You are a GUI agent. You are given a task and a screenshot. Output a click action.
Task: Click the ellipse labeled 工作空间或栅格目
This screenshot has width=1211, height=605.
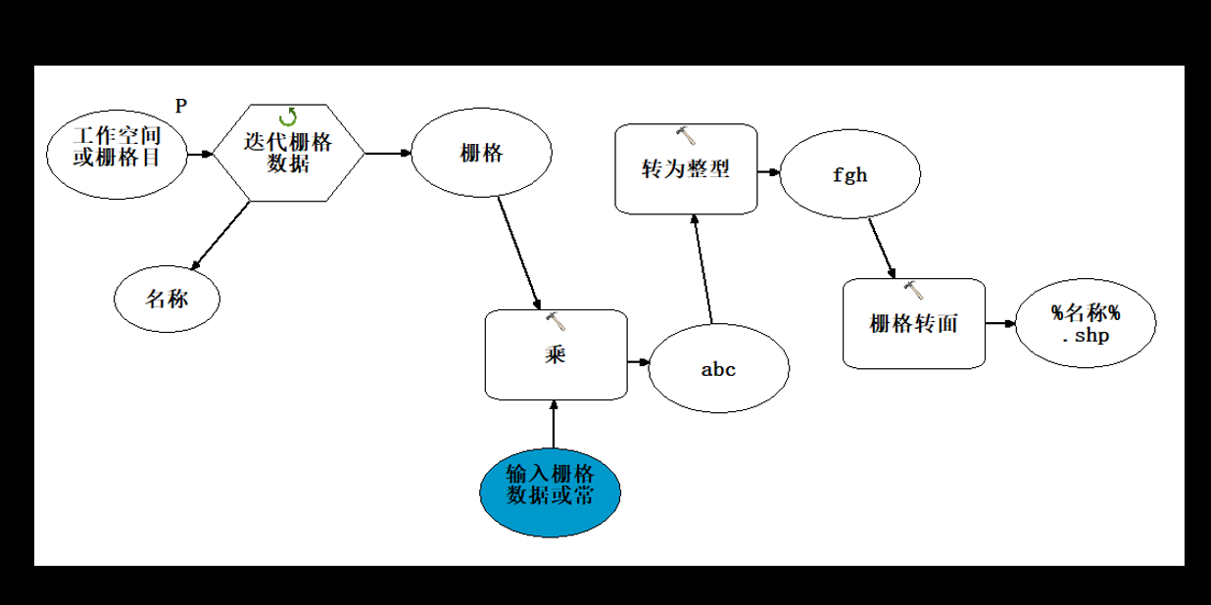[117, 154]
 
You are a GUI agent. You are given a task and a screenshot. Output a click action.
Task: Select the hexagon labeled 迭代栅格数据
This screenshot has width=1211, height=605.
[288, 153]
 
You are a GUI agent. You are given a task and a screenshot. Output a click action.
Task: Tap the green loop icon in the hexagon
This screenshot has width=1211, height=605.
[288, 118]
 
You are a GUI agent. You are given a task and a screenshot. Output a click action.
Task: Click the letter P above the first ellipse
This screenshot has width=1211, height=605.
[180, 106]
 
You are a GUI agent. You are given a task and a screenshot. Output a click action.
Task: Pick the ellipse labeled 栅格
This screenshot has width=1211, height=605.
[481, 154]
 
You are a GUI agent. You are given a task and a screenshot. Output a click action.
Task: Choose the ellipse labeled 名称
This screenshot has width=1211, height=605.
[167, 299]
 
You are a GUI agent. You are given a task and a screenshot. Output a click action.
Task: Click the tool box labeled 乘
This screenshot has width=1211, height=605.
[556, 354]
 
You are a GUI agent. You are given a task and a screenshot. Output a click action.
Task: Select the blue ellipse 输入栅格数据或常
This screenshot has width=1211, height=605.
[550, 485]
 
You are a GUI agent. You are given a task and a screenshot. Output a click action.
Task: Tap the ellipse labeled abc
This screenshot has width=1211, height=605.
[718, 369]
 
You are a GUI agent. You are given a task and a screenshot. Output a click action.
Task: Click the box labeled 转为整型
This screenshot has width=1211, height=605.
[686, 168]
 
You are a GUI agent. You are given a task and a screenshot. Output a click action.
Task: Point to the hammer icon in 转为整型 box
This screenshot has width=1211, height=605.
[686, 135]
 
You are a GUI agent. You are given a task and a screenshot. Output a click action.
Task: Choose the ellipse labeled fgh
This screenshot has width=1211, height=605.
[849, 176]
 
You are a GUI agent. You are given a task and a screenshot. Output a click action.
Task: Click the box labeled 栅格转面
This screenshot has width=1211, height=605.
[913, 324]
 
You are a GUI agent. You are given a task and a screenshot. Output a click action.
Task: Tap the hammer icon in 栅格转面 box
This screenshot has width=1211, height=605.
[913, 290]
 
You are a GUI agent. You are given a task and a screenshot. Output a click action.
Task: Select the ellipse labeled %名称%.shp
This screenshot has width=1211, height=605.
[1085, 323]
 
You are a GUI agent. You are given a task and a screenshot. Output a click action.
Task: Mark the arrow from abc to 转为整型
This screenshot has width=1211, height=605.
[702, 269]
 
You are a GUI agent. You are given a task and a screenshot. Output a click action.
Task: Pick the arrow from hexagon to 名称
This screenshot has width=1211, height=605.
[220, 235]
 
